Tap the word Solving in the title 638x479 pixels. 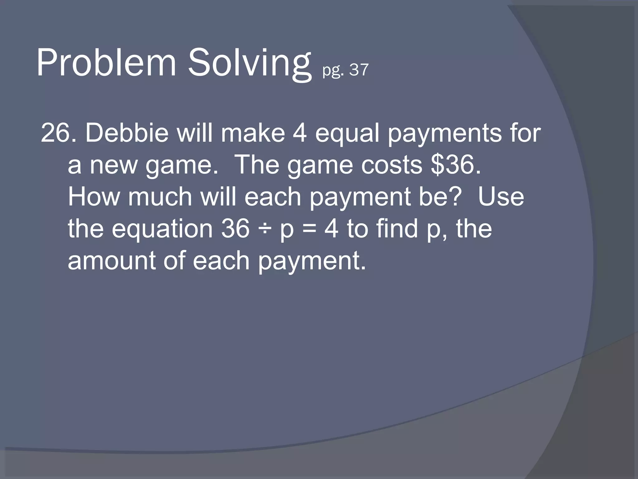[249, 64]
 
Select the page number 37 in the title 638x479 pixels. [359, 70]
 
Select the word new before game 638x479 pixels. [113, 165]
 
